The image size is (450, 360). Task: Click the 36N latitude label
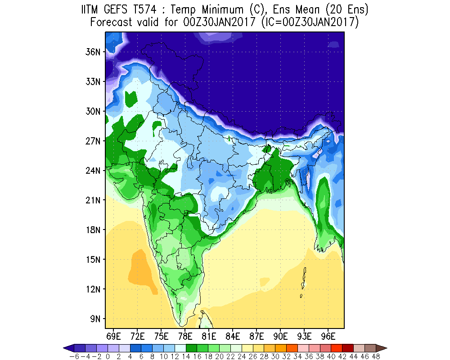click(93, 52)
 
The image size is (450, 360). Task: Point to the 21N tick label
click(93, 200)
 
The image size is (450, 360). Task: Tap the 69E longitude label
click(113, 336)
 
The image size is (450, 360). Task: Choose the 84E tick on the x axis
click(233, 336)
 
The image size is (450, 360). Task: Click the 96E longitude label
click(328, 336)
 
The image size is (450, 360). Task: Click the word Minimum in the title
click(222, 10)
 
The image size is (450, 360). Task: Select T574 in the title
click(144, 10)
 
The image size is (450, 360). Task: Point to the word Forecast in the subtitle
click(111, 22)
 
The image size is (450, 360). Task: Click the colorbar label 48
click(376, 356)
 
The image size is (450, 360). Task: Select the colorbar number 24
click(242, 356)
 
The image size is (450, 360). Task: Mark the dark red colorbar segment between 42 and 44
click(347, 348)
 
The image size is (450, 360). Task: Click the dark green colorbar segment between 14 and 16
click(191, 348)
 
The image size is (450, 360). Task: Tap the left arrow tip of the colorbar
click(63, 348)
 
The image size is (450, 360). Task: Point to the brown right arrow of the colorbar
click(382, 348)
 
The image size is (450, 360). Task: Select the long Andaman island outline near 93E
click(304, 278)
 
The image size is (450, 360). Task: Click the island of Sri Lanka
click(206, 319)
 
